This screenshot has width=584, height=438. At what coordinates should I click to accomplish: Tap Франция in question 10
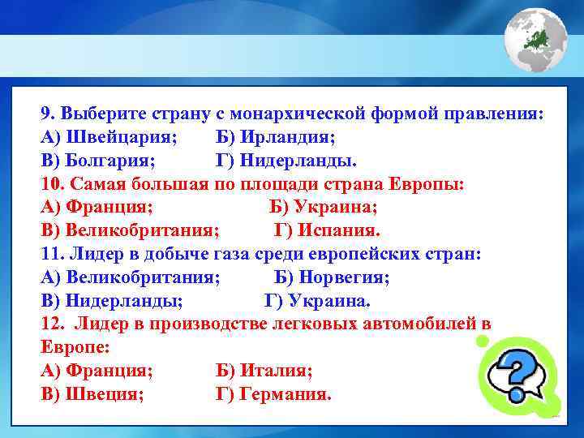click(x=109, y=207)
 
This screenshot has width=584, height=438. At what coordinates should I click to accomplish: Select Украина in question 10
click(x=335, y=207)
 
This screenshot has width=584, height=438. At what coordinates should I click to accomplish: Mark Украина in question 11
click(x=328, y=301)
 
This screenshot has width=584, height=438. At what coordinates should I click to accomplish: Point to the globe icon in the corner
click(x=535, y=40)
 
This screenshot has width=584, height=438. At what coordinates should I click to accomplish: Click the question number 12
click(x=51, y=324)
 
